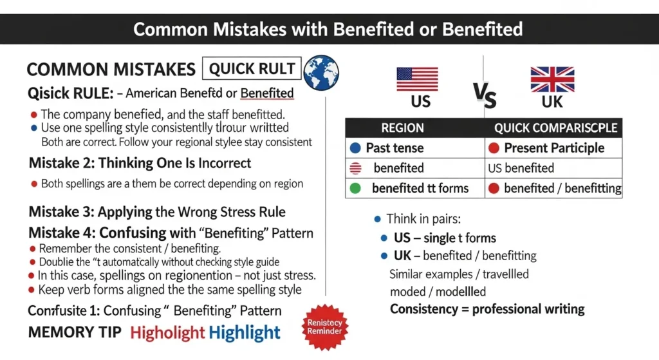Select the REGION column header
click(402, 128)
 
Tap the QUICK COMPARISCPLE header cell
click(554, 128)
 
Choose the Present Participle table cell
click(554, 147)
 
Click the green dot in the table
click(355, 189)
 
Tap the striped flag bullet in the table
click(355, 168)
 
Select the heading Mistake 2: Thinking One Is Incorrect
click(140, 163)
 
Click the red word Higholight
click(167, 333)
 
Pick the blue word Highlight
click(245, 333)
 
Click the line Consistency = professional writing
click(487, 308)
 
